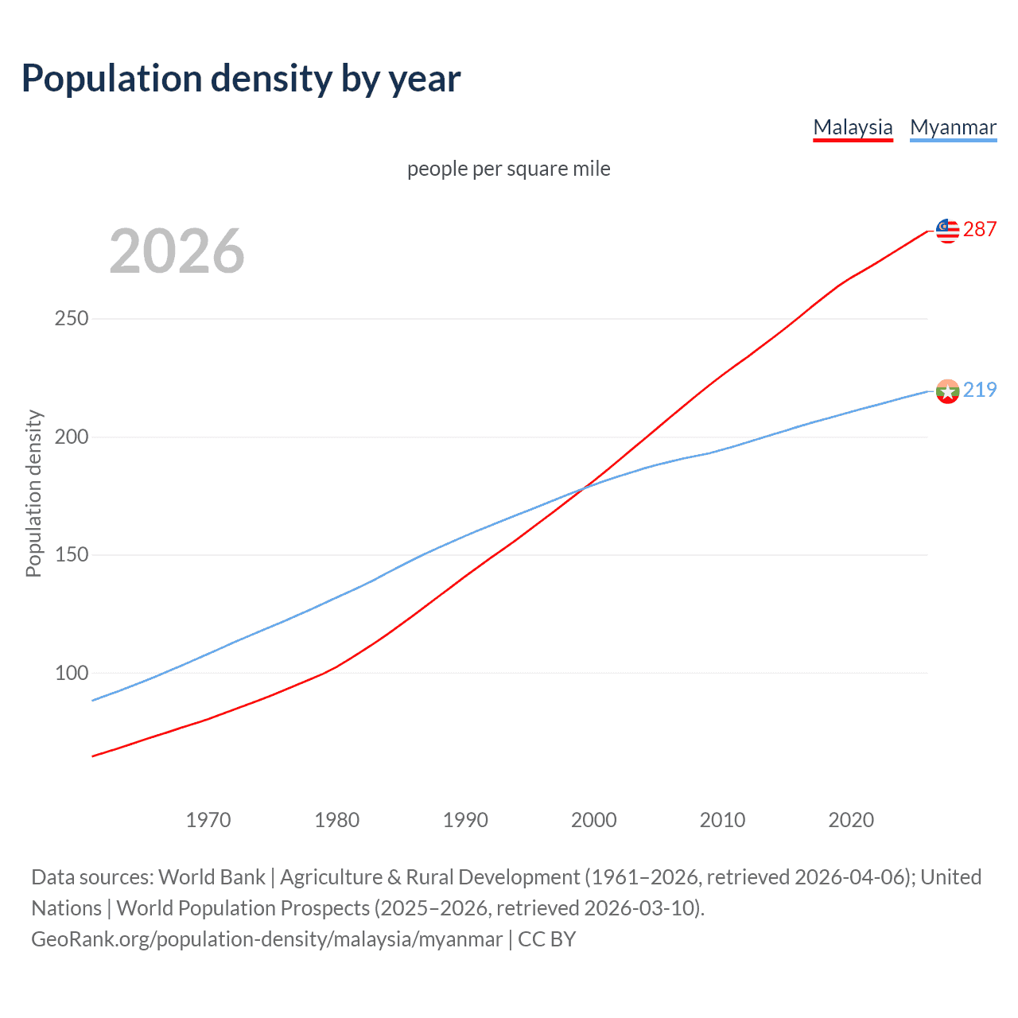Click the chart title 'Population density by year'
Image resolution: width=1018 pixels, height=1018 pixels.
tap(241, 79)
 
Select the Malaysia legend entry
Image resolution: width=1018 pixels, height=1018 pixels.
tap(853, 127)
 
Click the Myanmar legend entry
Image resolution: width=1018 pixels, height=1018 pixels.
tap(953, 127)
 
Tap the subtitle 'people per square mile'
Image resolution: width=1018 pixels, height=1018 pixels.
tap(509, 169)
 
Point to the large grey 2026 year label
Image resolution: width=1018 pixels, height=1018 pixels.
tap(177, 251)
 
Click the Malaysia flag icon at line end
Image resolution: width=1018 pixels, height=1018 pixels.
tap(947, 231)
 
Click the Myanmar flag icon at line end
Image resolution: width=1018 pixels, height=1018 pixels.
tap(947, 391)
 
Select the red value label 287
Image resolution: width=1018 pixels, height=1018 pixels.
tap(980, 229)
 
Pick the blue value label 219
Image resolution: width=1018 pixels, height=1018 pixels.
tap(980, 390)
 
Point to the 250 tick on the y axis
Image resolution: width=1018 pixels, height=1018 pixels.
tap(72, 319)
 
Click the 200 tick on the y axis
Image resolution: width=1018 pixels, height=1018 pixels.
tap(72, 437)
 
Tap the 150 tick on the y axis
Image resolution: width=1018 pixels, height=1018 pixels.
tap(72, 554)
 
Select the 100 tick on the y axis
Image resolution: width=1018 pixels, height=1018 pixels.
tap(72, 673)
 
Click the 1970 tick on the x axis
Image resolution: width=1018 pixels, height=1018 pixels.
tap(208, 820)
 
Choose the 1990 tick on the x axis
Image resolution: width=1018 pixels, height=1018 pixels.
tap(465, 820)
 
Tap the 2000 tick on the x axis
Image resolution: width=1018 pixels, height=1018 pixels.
tap(594, 820)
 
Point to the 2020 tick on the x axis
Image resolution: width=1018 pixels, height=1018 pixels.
tap(851, 820)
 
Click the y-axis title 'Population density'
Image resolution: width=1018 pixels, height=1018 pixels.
tap(33, 493)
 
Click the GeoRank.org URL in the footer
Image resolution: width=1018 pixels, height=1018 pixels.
tap(267, 939)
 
